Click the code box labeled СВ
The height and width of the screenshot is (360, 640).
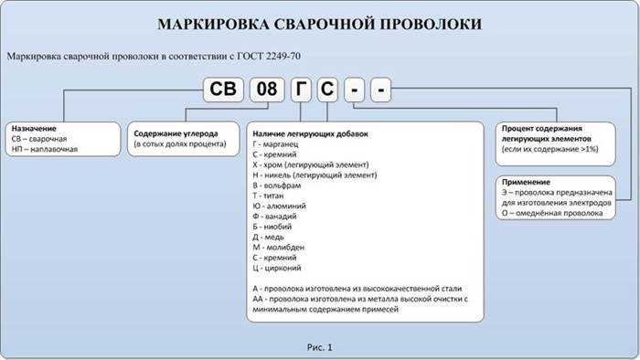point(224,91)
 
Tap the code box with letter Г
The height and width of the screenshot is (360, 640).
point(301,91)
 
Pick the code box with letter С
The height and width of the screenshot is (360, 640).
point(327,91)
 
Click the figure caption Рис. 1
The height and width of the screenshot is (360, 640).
point(319,347)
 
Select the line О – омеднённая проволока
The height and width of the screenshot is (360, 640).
point(552,213)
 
